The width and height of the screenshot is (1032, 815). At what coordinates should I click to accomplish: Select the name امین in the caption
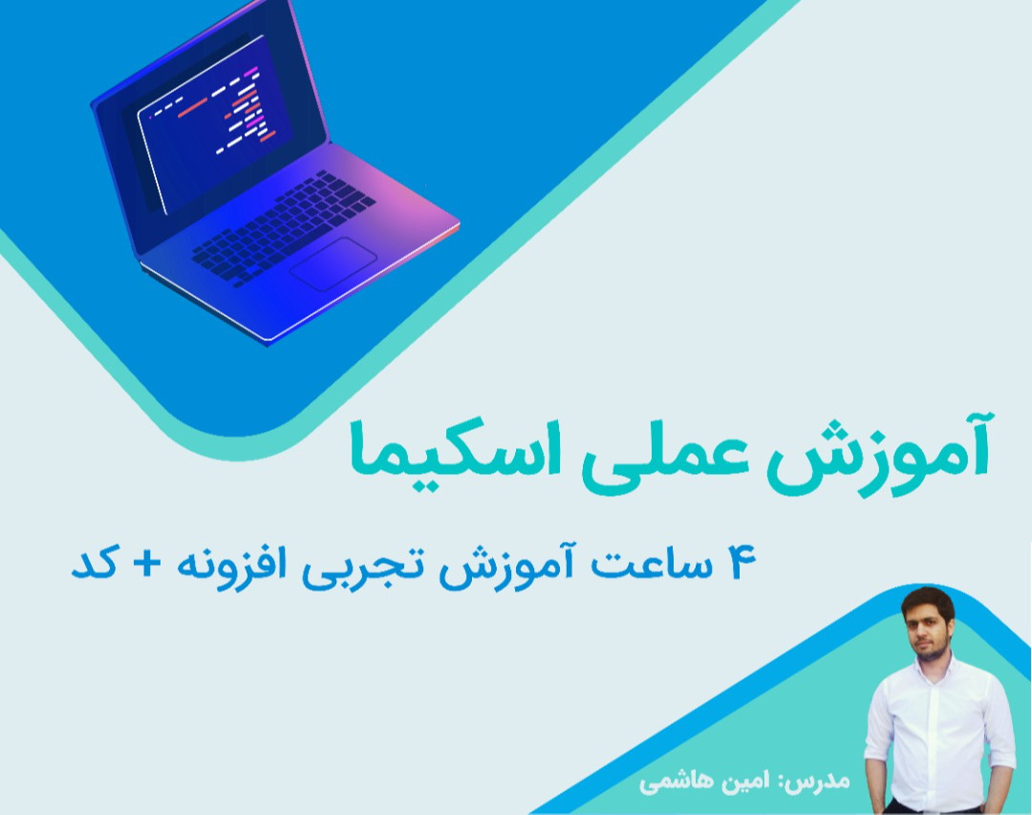[x=737, y=781]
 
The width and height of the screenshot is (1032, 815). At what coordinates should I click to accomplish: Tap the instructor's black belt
[x=932, y=809]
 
